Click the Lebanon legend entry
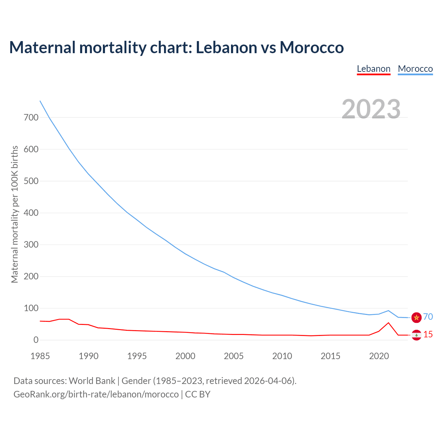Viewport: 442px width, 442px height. pos(374,69)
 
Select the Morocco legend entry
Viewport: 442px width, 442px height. pos(415,69)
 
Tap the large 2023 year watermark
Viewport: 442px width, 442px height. pos(371,109)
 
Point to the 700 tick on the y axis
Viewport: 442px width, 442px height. pos(31,117)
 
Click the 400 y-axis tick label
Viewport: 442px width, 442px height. pos(31,213)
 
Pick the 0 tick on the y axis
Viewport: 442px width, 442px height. pos(36,340)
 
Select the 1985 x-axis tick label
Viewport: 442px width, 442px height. pos(40,356)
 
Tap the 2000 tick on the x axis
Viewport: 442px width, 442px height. pos(185,356)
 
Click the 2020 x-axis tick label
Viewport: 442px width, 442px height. pos(379,356)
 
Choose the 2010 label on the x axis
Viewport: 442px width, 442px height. pos(282,356)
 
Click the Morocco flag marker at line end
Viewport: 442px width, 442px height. pos(416,317)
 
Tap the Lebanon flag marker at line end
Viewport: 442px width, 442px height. pos(416,335)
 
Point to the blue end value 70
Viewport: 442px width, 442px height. pos(428,317)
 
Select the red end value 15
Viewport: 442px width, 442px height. pos(428,334)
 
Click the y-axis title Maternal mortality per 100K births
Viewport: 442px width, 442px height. pos(15,214)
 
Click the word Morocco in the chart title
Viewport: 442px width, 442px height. pos(311,47)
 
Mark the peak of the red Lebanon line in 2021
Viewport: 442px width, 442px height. pos(388,323)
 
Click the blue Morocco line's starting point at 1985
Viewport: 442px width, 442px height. pos(40,101)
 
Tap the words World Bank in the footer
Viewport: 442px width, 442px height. pos(92,381)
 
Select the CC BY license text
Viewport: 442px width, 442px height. pos(198,394)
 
